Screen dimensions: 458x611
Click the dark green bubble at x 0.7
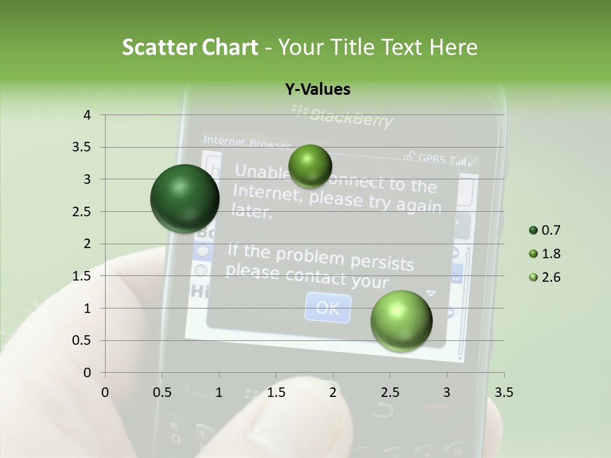tap(185, 198)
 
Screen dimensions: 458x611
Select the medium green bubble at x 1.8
tap(310, 166)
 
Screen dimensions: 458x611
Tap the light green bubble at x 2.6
tap(401, 321)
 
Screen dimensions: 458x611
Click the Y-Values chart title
tap(317, 90)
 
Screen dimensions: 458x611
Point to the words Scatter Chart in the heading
tap(190, 47)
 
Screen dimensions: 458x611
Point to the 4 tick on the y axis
tap(87, 115)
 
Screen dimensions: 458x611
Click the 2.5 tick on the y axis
tap(82, 212)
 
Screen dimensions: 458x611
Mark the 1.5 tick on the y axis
tap(82, 276)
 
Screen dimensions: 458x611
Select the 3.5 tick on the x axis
tap(503, 392)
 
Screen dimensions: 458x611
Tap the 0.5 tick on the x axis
tap(162, 392)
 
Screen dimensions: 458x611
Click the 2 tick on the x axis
tap(333, 392)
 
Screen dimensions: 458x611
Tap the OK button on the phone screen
tap(328, 308)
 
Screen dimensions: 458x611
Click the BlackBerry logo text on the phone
tap(350, 116)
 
